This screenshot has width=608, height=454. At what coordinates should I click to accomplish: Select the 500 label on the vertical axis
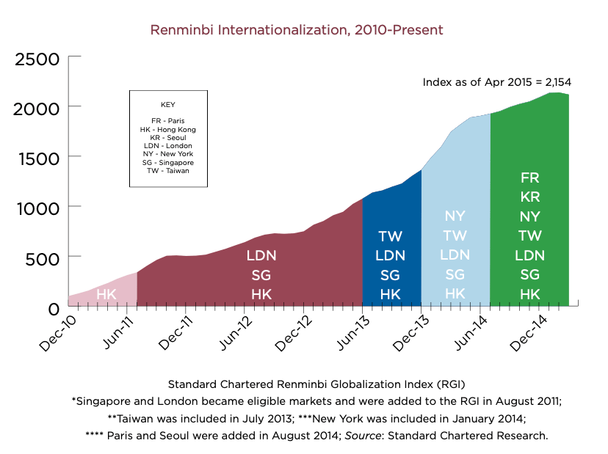(43, 257)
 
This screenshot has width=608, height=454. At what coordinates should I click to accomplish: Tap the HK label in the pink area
(106, 294)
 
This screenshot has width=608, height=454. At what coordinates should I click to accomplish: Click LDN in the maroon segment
(261, 256)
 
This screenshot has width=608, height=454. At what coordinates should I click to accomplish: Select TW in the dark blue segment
(391, 236)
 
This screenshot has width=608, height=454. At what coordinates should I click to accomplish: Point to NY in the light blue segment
(455, 216)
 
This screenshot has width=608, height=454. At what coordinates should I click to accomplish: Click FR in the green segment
(529, 177)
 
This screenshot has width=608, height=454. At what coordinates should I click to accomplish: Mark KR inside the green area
(529, 197)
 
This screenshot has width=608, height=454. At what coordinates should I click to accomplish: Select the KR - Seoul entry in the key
(167, 137)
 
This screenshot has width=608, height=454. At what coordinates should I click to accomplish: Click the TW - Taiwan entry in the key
(167, 170)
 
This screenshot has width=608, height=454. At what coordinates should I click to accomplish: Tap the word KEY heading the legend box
(167, 105)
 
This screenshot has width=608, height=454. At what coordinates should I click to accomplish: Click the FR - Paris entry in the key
(167, 121)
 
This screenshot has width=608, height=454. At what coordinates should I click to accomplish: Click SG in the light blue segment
(455, 274)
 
